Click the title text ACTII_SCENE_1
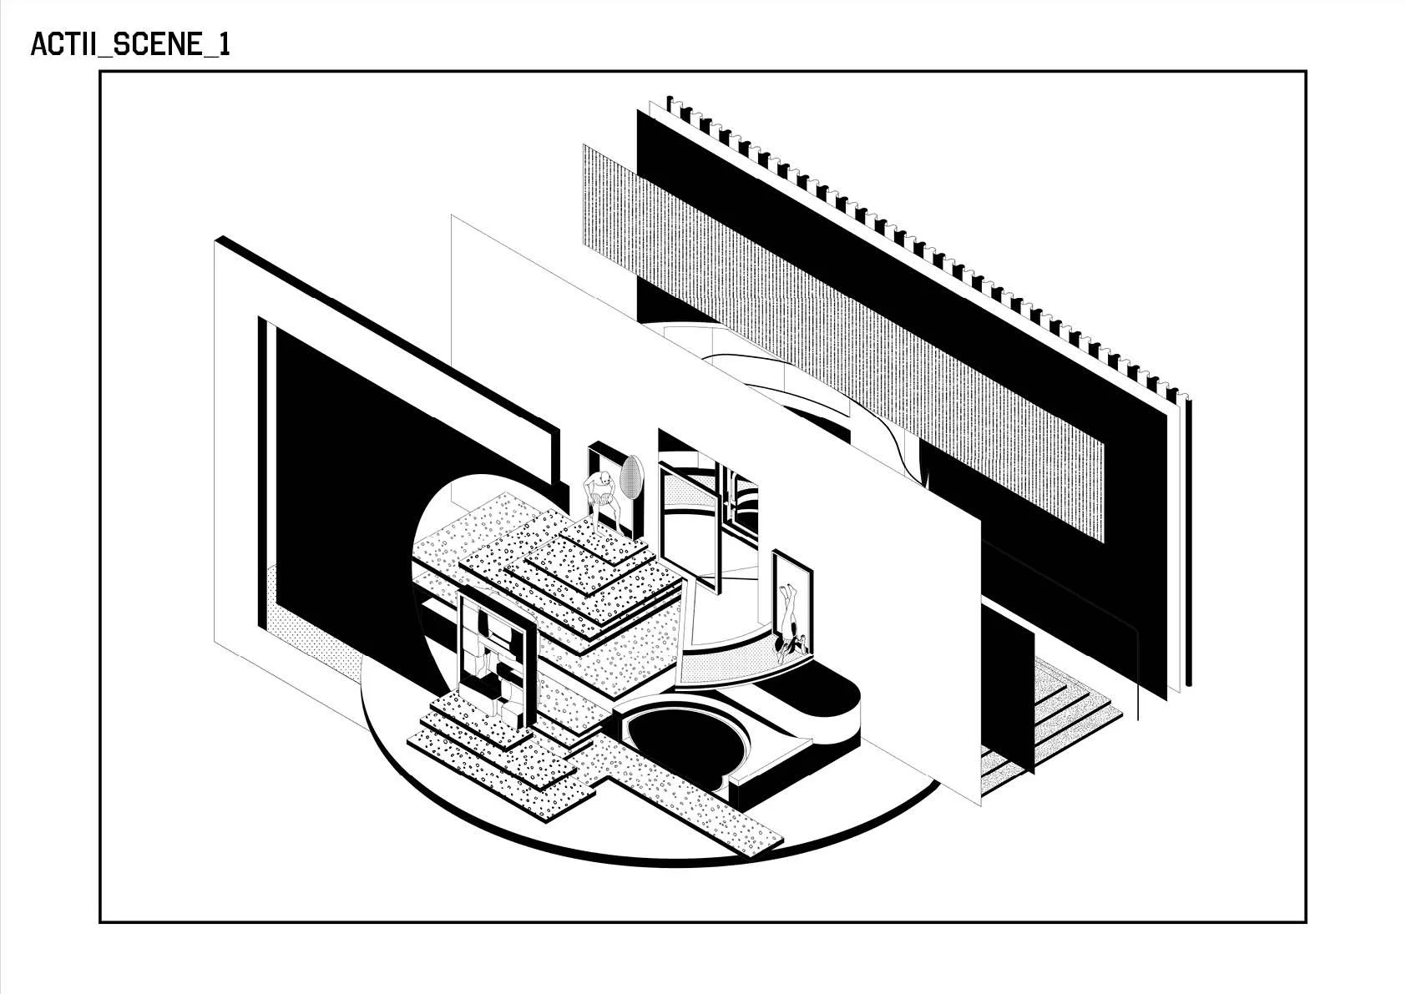[129, 45]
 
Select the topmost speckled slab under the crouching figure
[601, 538]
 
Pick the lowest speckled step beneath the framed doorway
[493, 755]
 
